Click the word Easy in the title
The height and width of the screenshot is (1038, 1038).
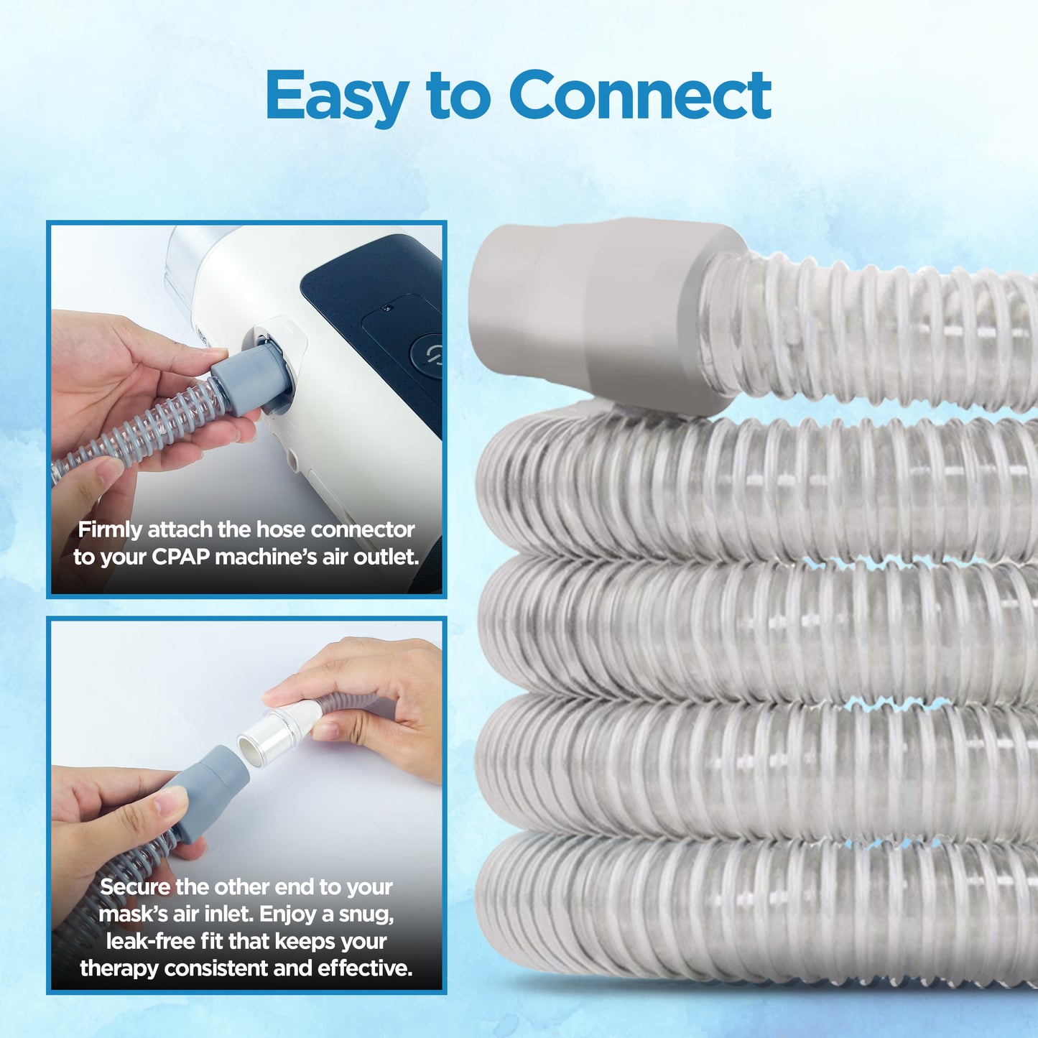336,96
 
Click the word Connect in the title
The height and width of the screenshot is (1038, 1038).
639,96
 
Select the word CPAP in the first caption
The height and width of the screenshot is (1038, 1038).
180,557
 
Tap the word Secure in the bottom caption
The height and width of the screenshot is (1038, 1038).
135,886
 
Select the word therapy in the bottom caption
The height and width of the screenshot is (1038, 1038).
119,968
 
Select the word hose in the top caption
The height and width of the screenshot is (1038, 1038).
281,529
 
